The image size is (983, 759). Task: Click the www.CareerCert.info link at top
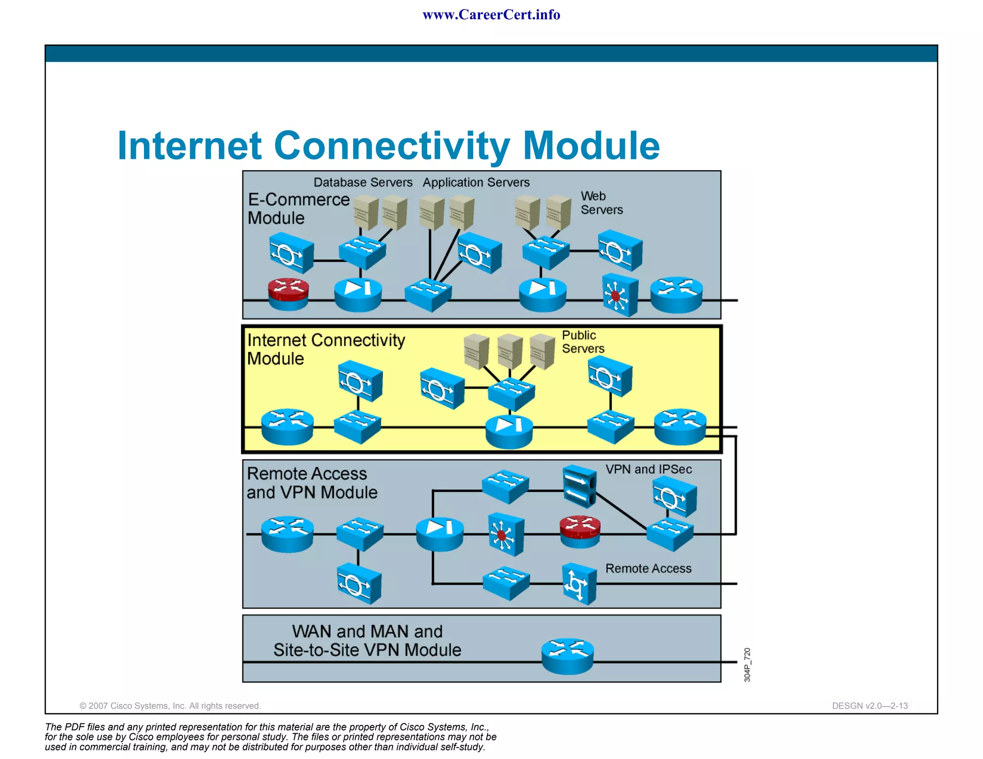491,15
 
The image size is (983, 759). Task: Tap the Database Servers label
363,182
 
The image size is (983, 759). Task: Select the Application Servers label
476,182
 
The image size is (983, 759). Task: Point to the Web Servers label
601,203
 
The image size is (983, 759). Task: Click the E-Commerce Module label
298,209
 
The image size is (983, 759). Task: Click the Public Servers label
583,342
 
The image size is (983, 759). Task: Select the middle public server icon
510,352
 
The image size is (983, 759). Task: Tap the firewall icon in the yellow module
509,431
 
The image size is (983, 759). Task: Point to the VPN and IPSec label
648,469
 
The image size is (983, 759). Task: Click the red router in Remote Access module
580,531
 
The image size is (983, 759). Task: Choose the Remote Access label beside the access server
648,569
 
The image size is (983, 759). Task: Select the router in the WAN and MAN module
567,655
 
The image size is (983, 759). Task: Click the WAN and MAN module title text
367,640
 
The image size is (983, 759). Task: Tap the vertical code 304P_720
747,664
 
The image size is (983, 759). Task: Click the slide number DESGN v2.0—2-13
869,706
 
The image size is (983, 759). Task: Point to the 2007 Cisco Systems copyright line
170,706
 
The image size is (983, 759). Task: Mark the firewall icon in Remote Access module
439,534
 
